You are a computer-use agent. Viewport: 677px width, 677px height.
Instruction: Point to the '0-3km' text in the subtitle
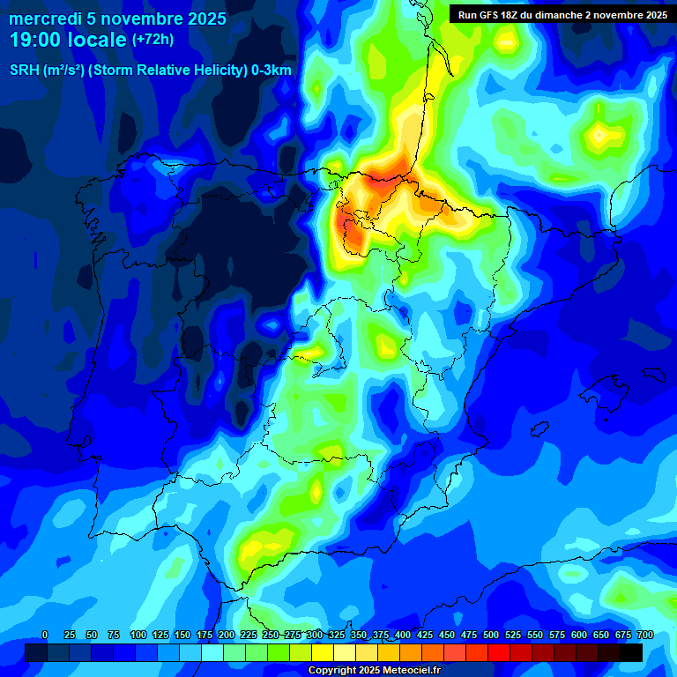[x=272, y=71]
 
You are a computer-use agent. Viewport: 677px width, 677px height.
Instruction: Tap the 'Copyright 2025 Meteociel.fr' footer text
[x=374, y=670]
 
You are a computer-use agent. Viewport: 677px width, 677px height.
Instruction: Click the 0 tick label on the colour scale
[x=45, y=635]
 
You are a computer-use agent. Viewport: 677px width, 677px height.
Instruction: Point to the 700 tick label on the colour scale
[x=644, y=635]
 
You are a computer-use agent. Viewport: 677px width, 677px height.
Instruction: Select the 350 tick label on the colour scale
[x=358, y=635]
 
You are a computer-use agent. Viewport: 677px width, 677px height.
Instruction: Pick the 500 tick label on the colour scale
[x=490, y=635]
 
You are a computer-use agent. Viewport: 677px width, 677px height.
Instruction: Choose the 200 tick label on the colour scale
[x=226, y=635]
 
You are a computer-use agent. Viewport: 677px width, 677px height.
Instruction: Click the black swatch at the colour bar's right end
[x=631, y=652]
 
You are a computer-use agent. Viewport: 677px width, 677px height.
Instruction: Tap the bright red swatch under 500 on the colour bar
[x=499, y=652]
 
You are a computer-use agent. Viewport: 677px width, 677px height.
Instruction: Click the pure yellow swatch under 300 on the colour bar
[x=323, y=652]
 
